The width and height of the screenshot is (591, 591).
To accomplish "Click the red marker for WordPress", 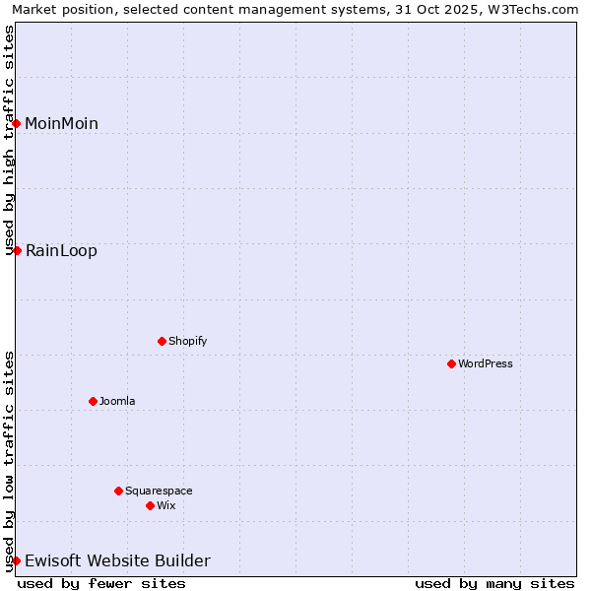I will (x=451, y=363).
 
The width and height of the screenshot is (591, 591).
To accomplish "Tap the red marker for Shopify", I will (x=162, y=341).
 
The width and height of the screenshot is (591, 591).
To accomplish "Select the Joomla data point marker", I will (x=93, y=401).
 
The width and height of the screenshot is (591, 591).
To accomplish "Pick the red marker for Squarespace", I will (x=118, y=491).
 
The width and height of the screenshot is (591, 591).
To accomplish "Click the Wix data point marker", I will (x=150, y=505).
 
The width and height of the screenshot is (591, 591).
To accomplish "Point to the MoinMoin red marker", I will (x=17, y=123).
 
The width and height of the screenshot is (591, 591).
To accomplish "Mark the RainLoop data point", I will (x=17, y=250).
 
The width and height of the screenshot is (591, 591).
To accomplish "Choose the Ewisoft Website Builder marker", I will (x=17, y=560).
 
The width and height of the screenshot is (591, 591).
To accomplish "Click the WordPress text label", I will (x=486, y=363).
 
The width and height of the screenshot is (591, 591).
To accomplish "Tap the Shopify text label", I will (x=187, y=341).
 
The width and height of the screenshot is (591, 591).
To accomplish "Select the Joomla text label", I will (x=117, y=401).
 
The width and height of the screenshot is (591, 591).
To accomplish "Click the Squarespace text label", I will (x=159, y=491).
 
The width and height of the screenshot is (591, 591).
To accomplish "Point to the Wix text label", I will (x=165, y=505).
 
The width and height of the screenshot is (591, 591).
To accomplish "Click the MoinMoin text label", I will (x=61, y=123).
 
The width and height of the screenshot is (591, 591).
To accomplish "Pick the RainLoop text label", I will (x=61, y=250).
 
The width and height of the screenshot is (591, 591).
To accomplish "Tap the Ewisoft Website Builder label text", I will (x=117, y=560).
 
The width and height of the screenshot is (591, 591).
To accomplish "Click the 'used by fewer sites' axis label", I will (x=101, y=583).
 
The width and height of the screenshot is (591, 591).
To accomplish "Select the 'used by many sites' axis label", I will (x=494, y=583).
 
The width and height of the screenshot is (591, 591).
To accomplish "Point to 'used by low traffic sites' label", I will (x=9, y=460).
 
